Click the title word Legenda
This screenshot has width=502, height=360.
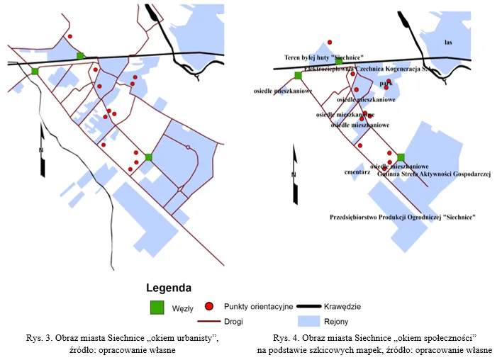(168, 288)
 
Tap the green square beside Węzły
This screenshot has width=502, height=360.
(157, 307)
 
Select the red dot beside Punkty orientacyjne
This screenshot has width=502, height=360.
(209, 306)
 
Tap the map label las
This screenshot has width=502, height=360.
(448, 43)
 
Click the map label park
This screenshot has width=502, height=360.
(386, 83)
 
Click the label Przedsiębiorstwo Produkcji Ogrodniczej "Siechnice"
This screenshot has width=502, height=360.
(403, 217)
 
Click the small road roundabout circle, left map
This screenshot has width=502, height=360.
(187, 147)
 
